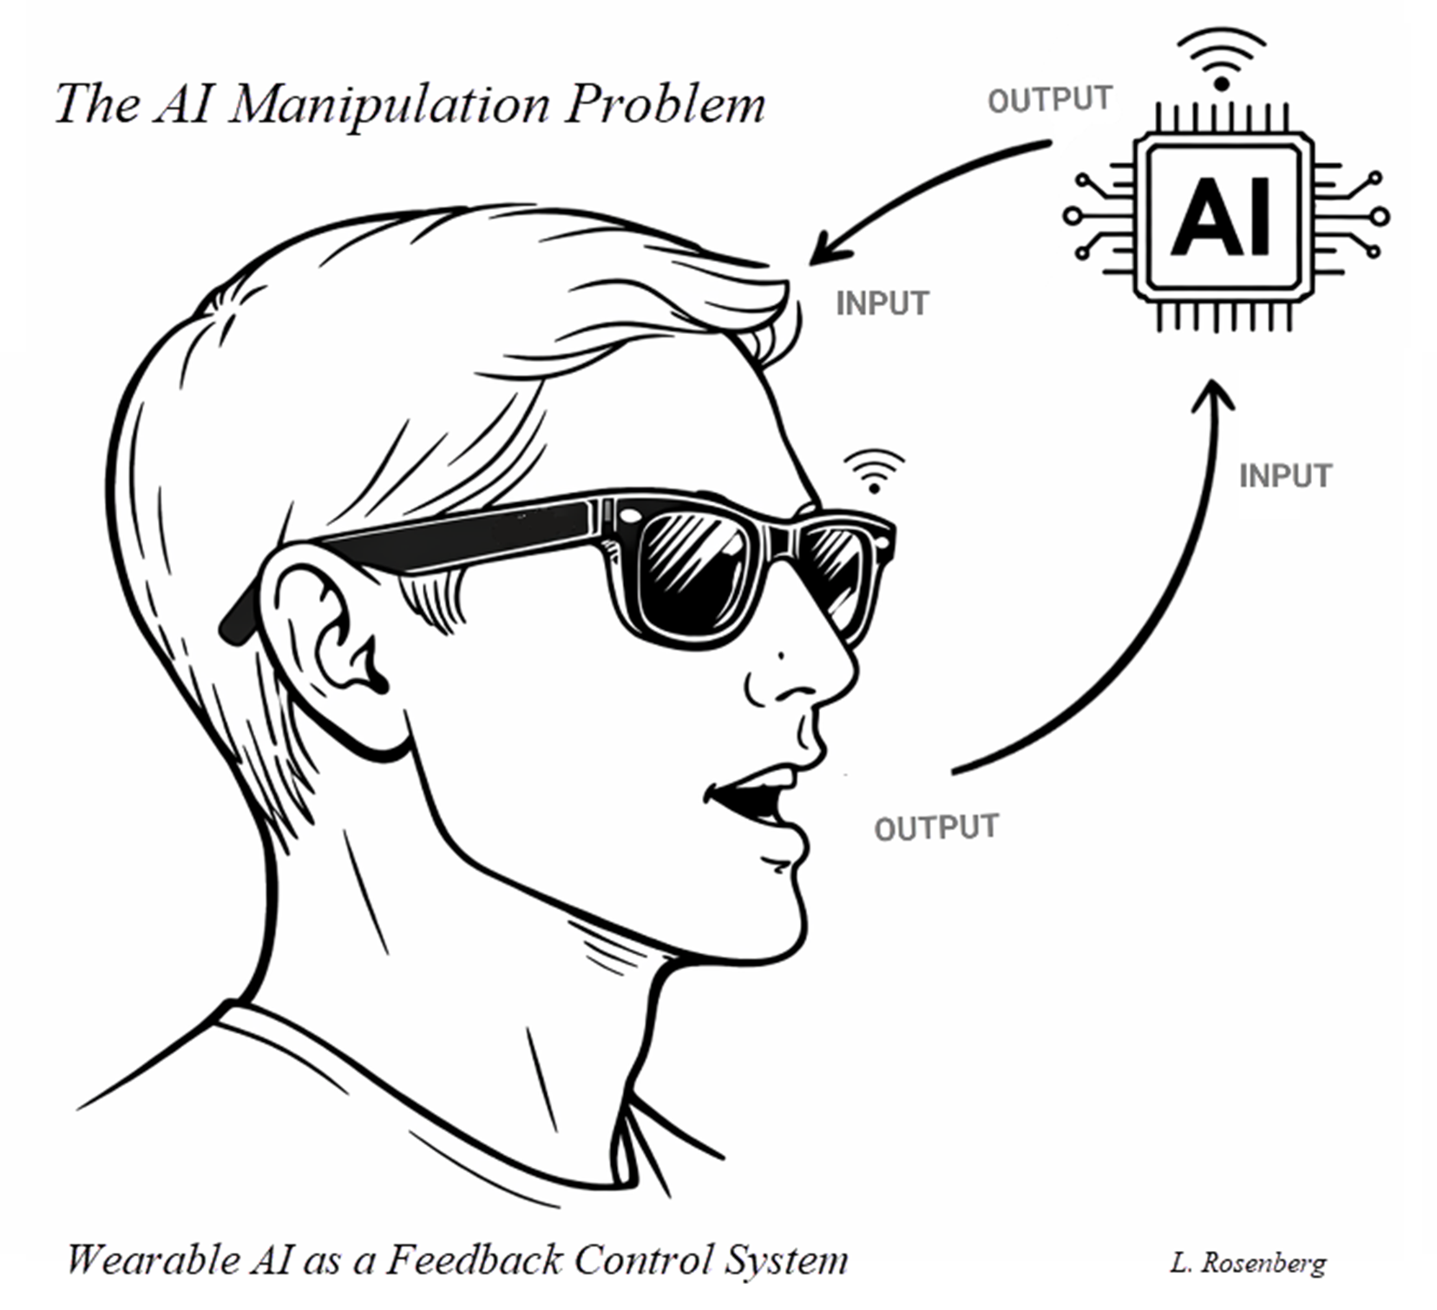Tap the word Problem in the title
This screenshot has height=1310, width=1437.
coord(666,104)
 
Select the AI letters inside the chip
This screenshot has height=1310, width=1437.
coord(1222,216)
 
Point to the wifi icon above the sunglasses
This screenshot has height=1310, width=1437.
coord(875,471)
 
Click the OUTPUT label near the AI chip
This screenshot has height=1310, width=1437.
coord(1050,100)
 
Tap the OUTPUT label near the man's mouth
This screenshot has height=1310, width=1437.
coord(936,828)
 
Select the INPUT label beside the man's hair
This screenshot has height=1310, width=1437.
coord(882,304)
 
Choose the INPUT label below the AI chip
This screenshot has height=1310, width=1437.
coord(1284,475)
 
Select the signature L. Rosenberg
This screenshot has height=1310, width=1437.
coord(1247,1262)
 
